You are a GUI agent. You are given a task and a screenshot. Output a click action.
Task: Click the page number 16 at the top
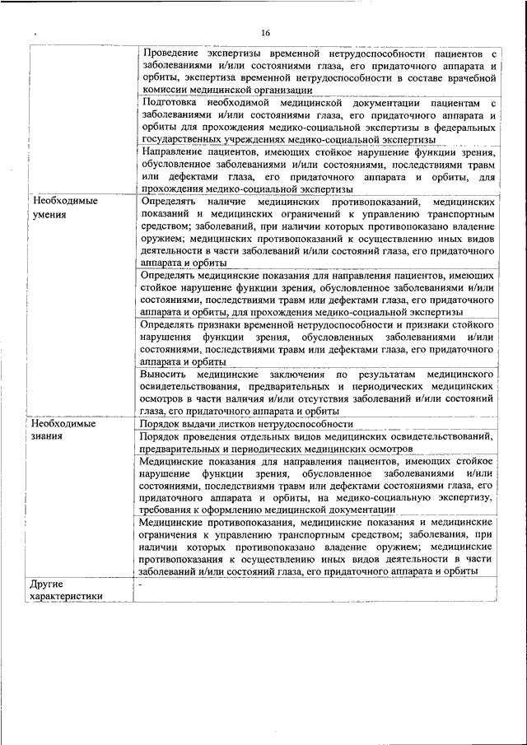pyautogui.click(x=265, y=33)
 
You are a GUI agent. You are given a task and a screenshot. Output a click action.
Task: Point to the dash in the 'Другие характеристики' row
pyautogui.click(x=141, y=584)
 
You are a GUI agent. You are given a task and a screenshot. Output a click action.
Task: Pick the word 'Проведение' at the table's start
pyautogui.click(x=173, y=53)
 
